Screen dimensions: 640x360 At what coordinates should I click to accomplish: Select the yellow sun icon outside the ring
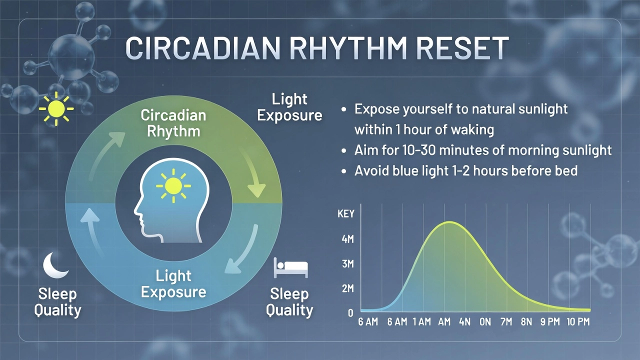pos(56,109)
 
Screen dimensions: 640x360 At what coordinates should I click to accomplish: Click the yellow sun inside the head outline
pos(173,186)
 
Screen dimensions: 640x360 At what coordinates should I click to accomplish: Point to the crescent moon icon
pos(55,265)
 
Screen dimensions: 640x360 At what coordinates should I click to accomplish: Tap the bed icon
pos(290,267)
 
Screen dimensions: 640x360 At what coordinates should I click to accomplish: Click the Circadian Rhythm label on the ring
pos(173,123)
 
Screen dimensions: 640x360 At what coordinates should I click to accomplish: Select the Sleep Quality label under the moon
pos(57,302)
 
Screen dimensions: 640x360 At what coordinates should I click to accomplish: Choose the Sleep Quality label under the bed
pos(289,302)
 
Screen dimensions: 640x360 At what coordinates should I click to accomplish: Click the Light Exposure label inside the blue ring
pos(173,283)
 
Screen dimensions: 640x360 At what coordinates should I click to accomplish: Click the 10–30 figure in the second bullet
pos(418,150)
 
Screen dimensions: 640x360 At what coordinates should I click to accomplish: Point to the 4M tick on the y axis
pos(347,239)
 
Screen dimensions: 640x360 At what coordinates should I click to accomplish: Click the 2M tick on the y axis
pos(347,288)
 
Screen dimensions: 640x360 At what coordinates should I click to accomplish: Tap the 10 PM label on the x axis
pos(578,322)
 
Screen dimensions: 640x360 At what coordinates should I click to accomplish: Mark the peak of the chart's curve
pos(449,221)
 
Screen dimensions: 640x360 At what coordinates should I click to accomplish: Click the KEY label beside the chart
pos(345,213)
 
